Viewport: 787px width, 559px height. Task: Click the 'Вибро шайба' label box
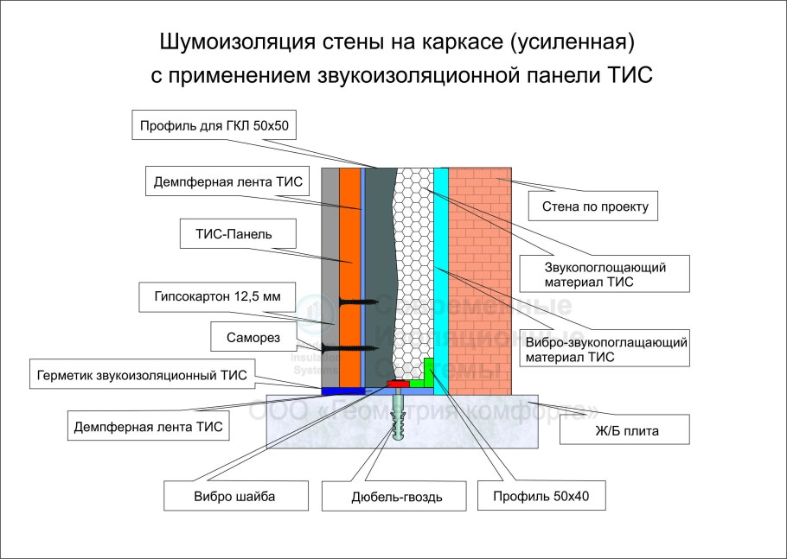point(226,496)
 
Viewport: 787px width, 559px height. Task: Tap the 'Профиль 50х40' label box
point(536,496)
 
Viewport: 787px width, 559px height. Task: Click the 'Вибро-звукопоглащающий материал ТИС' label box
point(605,348)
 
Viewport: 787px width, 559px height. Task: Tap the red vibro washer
point(398,383)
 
